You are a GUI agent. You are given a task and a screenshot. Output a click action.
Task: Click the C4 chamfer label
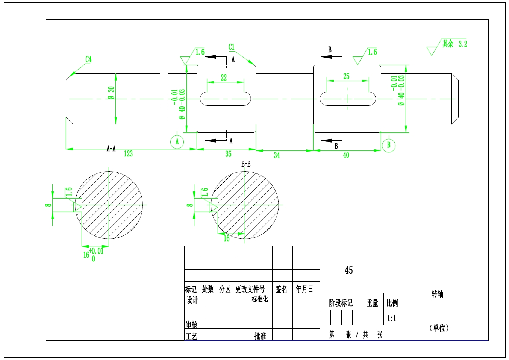click(88, 59)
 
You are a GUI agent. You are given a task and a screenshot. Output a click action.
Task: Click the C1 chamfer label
click(232, 47)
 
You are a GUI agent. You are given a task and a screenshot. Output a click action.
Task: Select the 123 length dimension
click(128, 153)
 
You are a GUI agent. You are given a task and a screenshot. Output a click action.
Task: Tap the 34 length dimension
click(277, 155)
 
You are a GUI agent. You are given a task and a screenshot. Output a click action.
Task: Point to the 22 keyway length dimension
click(224, 78)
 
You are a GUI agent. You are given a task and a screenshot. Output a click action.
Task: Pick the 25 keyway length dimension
click(346, 76)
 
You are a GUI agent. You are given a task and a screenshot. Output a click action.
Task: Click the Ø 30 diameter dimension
click(111, 93)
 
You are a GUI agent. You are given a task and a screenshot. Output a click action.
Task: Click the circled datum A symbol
click(177, 142)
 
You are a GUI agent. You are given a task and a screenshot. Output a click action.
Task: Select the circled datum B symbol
click(389, 145)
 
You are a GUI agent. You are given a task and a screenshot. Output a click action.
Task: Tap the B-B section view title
click(246, 164)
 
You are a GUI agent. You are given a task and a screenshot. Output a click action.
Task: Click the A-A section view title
click(111, 149)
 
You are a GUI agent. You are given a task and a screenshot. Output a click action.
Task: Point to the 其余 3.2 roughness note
click(454, 44)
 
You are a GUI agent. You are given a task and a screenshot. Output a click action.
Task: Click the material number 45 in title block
click(348, 270)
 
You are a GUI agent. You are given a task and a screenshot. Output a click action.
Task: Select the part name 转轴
click(437, 294)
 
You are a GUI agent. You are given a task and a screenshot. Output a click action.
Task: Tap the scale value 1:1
click(391, 318)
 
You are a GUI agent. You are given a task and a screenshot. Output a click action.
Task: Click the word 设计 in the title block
click(192, 300)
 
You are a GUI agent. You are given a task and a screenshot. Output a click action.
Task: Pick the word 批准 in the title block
click(260, 336)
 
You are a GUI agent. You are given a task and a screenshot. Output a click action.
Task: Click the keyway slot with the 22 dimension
click(225, 99)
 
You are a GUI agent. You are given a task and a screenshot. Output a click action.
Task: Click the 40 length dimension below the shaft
click(346, 155)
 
